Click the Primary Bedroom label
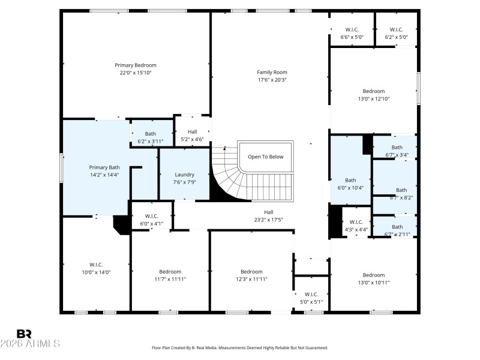(x=136, y=65)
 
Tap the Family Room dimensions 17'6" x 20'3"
(x=272, y=80)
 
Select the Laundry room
(x=184, y=175)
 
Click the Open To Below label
(x=265, y=157)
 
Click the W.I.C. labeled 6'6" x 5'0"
(x=352, y=33)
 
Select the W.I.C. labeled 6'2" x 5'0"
(x=396, y=33)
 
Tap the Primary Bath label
(x=104, y=167)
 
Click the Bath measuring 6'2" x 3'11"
(x=150, y=137)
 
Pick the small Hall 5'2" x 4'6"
(x=192, y=136)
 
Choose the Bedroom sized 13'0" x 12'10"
(x=374, y=95)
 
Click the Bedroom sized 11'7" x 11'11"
(x=169, y=275)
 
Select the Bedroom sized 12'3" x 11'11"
(x=251, y=275)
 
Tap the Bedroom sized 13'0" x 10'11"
(x=373, y=278)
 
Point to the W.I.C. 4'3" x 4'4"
(x=356, y=225)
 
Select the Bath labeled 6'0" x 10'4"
(x=350, y=184)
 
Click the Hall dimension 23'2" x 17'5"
(x=268, y=220)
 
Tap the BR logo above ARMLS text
(x=25, y=334)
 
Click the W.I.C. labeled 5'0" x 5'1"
(x=311, y=298)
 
